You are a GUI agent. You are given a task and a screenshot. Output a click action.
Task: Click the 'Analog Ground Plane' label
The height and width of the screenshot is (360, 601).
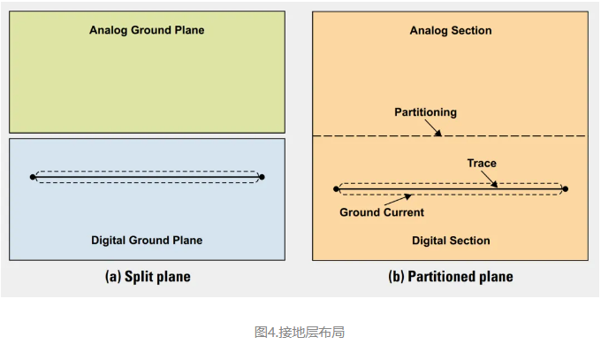click(147, 30)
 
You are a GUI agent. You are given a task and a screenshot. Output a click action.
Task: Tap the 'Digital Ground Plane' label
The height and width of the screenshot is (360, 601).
click(147, 240)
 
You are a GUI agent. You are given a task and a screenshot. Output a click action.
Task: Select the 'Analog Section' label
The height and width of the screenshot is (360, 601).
click(451, 31)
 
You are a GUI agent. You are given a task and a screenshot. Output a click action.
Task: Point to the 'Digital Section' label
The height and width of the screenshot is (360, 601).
click(451, 241)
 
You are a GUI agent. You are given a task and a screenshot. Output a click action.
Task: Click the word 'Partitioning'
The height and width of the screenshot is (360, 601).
click(425, 112)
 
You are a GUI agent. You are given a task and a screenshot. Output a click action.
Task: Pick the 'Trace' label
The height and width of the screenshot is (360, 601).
click(482, 163)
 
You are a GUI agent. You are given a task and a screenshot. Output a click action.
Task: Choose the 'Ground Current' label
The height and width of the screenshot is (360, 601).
click(382, 212)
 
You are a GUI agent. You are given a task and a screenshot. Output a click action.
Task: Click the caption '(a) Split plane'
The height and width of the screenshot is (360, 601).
click(148, 277)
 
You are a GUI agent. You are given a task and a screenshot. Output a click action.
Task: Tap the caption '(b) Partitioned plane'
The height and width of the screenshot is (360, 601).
click(451, 277)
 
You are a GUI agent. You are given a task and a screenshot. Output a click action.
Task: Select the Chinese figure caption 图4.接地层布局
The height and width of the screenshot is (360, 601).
click(299, 333)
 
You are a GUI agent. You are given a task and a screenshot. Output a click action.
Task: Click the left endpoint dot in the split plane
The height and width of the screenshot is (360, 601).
click(34, 177)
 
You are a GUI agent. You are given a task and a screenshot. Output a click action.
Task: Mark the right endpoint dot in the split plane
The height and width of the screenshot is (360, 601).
click(262, 177)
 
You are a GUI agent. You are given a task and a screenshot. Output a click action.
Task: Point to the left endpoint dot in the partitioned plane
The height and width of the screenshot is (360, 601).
click(337, 188)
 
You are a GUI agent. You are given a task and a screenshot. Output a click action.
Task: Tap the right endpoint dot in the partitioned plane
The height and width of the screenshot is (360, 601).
click(565, 188)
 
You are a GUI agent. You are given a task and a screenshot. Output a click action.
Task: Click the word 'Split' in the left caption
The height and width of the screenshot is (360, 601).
click(140, 277)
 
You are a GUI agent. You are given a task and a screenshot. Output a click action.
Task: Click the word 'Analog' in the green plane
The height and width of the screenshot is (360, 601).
click(108, 30)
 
